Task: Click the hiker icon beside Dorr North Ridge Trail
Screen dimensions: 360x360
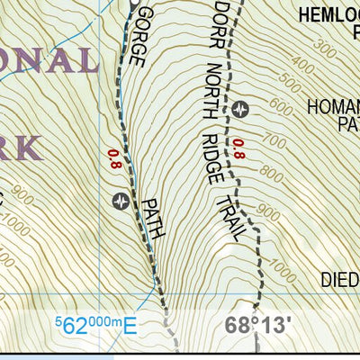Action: [x=240, y=109]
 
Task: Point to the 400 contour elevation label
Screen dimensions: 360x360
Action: [x=304, y=64]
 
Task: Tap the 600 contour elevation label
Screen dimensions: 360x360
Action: [x=282, y=109]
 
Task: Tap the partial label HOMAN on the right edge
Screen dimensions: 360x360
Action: [x=332, y=107]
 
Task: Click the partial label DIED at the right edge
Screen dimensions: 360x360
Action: [x=339, y=280]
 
